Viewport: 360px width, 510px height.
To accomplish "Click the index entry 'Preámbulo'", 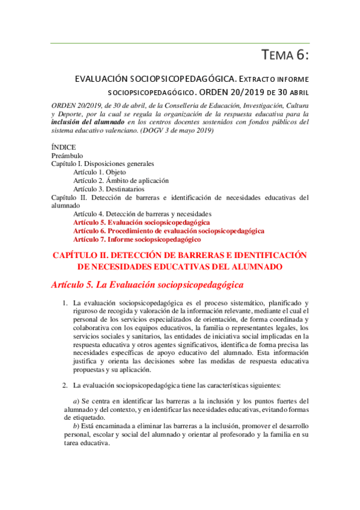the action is click(x=67, y=155).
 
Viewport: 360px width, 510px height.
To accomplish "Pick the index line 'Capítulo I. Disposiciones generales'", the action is click(x=103, y=164).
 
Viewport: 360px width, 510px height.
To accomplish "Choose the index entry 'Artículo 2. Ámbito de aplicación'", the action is click(x=121, y=180).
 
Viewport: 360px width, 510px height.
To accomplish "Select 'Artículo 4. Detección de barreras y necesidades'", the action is click(x=142, y=214).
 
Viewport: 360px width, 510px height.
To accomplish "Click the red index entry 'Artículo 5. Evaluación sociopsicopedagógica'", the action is click(x=141, y=223).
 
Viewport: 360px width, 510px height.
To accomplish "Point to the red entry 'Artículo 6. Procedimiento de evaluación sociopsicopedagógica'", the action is click(x=168, y=231).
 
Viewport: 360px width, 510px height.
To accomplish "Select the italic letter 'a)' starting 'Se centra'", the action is click(x=76, y=401).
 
